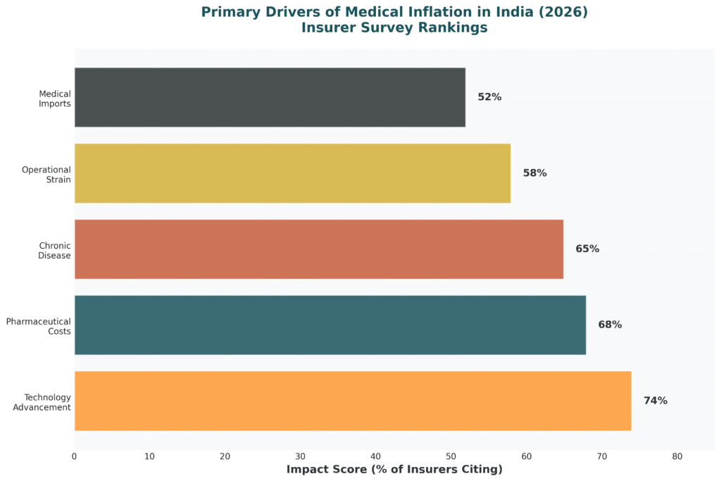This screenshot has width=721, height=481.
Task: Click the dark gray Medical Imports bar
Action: coord(270,97)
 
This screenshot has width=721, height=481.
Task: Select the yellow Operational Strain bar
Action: coord(292,173)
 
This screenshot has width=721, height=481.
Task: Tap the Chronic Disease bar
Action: coord(318,249)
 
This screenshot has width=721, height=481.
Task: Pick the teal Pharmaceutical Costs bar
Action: coord(330,325)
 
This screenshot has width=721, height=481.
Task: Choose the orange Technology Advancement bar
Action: coord(352,401)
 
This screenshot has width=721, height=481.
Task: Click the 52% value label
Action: coord(489,97)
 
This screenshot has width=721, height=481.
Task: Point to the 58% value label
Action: coord(534,173)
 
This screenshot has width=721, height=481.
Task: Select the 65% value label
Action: coord(587,249)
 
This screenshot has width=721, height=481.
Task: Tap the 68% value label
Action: coord(610,325)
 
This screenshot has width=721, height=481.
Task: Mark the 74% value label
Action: coord(655,401)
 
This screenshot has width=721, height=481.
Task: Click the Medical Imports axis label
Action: coord(55,98)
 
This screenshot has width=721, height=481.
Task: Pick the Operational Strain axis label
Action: coord(46,174)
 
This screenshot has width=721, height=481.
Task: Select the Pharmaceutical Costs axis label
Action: coord(39,326)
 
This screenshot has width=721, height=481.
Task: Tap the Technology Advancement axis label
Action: coord(42,402)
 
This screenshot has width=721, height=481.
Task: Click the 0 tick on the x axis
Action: coord(75,456)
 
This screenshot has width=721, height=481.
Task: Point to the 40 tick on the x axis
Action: coord(376,456)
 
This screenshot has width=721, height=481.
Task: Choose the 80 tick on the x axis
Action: coord(677,456)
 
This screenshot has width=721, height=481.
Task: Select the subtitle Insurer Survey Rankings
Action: coord(394,28)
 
